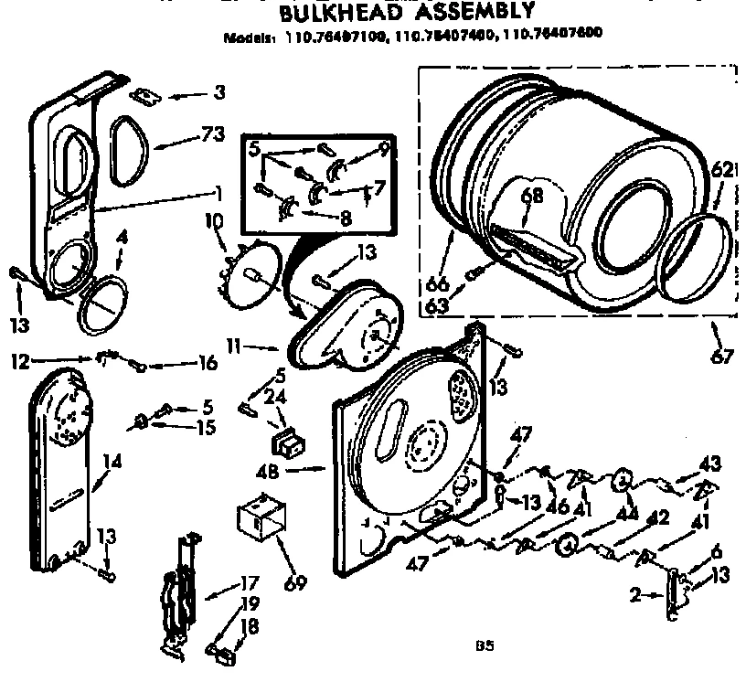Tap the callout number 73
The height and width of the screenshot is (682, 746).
211,135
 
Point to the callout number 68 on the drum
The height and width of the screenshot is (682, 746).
532,195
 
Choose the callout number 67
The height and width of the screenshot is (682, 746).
722,357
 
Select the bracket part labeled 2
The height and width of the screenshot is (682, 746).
675,594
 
